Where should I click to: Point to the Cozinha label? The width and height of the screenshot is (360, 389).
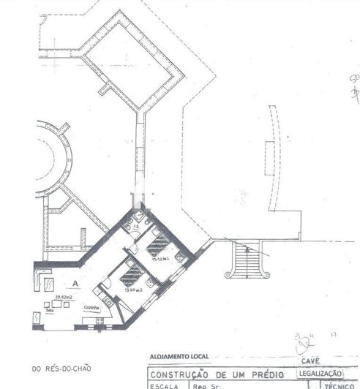click(x=91, y=307)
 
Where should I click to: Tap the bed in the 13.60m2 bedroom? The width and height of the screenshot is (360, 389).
click(x=132, y=275)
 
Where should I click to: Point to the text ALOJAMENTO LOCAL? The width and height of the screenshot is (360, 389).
click(x=179, y=357)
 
